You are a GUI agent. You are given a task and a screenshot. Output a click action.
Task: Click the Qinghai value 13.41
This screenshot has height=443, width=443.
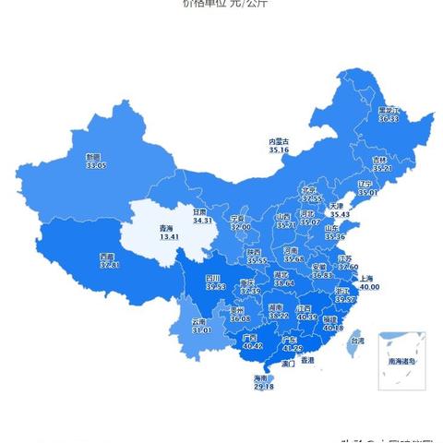(x=169, y=237)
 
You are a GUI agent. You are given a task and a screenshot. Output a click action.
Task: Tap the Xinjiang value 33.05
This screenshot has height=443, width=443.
(x=97, y=166)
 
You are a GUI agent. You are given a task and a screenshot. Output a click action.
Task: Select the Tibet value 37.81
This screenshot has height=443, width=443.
(x=110, y=265)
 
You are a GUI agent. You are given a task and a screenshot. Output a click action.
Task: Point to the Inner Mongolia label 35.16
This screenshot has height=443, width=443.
(x=279, y=149)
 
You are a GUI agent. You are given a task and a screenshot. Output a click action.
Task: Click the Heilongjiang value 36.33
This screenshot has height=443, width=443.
(x=389, y=119)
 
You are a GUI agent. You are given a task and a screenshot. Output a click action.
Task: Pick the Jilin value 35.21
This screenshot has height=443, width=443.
(x=382, y=168)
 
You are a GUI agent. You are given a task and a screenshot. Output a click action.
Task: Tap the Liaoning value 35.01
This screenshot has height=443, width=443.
(x=368, y=193)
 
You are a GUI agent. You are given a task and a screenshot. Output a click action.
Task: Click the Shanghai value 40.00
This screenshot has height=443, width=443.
(x=369, y=287)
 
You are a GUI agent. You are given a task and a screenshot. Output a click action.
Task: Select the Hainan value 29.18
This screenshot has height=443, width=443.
(x=263, y=387)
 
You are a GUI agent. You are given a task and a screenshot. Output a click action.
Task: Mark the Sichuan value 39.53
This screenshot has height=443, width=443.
(x=216, y=286)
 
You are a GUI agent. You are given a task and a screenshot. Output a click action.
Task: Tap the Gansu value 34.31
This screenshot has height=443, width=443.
(x=202, y=221)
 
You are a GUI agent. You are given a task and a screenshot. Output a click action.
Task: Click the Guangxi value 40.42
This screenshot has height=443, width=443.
(x=250, y=347)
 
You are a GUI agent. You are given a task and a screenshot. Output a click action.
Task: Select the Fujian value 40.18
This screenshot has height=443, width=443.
(x=332, y=328)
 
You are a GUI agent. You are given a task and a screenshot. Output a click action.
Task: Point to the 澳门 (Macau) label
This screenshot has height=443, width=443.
(x=286, y=364)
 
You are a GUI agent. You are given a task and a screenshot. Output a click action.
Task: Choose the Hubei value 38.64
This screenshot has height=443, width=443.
(x=284, y=282)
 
